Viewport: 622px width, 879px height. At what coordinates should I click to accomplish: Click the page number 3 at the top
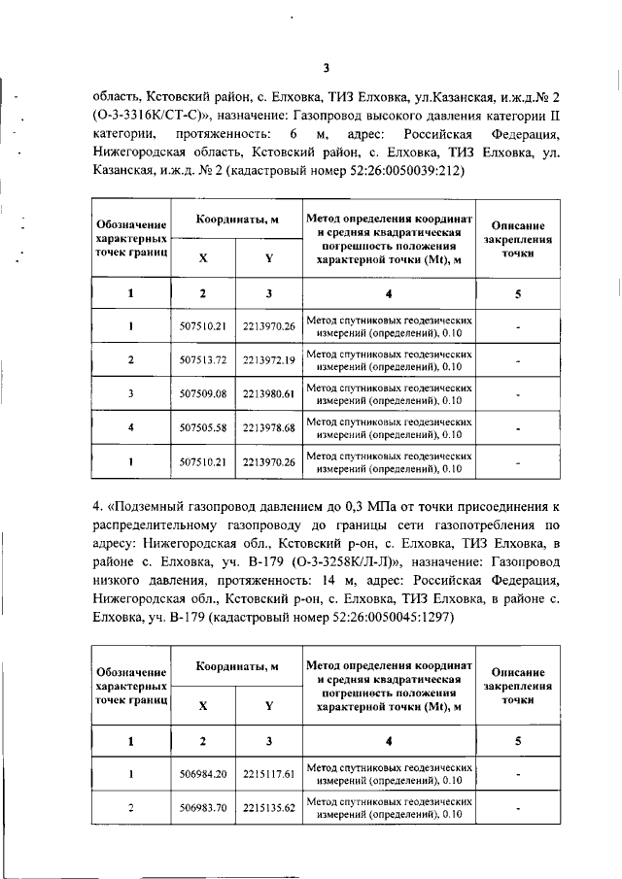(x=326, y=67)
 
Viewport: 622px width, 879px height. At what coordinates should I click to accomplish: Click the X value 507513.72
(x=203, y=360)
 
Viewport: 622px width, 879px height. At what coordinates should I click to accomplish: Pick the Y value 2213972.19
(x=268, y=360)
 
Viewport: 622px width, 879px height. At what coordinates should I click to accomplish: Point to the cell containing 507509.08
(x=203, y=393)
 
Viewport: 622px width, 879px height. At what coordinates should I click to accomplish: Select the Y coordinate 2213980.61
(x=268, y=393)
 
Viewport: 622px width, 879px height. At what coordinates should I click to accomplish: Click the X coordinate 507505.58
(x=203, y=427)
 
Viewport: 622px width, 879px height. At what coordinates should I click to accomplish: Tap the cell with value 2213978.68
(x=268, y=427)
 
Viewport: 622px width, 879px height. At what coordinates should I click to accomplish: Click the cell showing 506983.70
(x=203, y=807)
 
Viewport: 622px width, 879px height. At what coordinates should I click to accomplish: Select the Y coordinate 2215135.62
(x=268, y=807)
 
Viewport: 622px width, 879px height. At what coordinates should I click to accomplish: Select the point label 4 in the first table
(x=130, y=427)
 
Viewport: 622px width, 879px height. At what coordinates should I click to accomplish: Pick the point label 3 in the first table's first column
(x=130, y=393)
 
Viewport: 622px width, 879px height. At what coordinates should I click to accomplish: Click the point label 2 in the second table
(x=130, y=807)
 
